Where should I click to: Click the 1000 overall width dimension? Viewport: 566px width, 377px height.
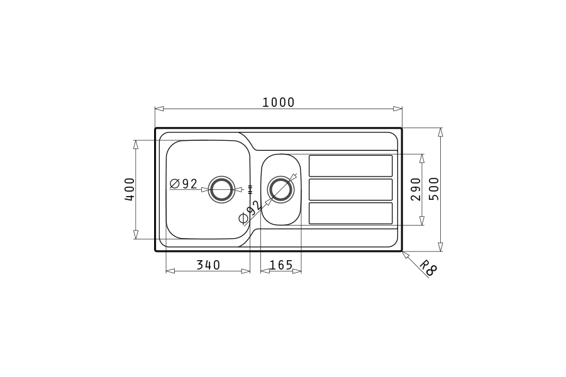278,103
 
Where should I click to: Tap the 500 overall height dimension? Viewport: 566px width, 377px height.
434,188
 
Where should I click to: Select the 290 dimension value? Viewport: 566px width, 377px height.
416,189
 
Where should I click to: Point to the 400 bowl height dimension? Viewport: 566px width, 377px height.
130,189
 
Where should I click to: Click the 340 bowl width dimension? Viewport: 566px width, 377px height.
208,265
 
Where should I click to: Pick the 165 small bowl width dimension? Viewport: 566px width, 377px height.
281,265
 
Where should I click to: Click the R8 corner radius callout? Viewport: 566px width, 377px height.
428,267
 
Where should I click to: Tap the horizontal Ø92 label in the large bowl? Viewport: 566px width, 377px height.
184,184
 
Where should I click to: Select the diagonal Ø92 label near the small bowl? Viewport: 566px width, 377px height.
250,212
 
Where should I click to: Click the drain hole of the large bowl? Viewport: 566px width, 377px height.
221,189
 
